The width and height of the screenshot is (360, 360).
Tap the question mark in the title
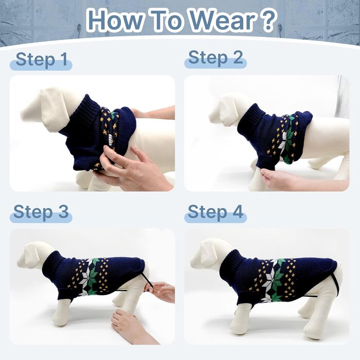coord(268,20)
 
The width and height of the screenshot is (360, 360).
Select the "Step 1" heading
coord(42,60)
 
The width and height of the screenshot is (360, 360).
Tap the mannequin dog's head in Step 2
coord(229,110)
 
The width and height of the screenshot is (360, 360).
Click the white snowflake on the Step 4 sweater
coord(272,279)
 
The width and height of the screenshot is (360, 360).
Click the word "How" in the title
coord(115,20)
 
